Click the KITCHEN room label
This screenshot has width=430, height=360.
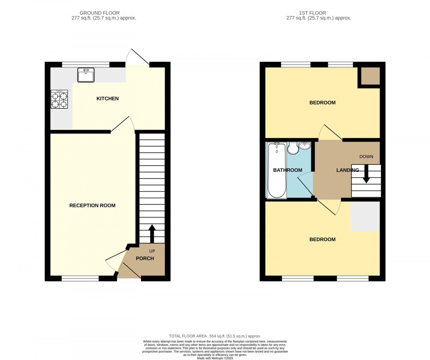[x=107, y=99]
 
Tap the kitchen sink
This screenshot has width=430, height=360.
[x=86, y=75]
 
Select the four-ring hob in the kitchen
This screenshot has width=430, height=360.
[x=59, y=99]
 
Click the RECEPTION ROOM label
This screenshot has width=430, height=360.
[x=92, y=205]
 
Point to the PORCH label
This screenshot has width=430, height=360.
[x=145, y=258]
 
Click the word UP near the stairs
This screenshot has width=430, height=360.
[x=152, y=251]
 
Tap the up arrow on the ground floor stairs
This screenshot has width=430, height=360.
[x=152, y=234]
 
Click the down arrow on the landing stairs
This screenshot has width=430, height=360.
[x=366, y=173]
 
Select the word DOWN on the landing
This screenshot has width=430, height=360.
[x=366, y=157]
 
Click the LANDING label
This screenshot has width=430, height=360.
[x=348, y=170]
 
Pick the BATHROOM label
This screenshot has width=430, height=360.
[x=287, y=170]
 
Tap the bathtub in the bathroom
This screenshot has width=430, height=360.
[x=277, y=171]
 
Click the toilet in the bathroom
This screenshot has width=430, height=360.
[x=293, y=148]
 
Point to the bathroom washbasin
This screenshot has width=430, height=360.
[x=305, y=145]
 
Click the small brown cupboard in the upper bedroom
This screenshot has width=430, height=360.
[x=371, y=76]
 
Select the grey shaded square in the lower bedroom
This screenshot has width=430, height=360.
[x=365, y=216]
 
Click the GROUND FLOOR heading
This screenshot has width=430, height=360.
[x=100, y=13]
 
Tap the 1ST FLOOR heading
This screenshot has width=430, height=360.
[x=312, y=13]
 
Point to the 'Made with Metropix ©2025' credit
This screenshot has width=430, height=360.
[x=215, y=358]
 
